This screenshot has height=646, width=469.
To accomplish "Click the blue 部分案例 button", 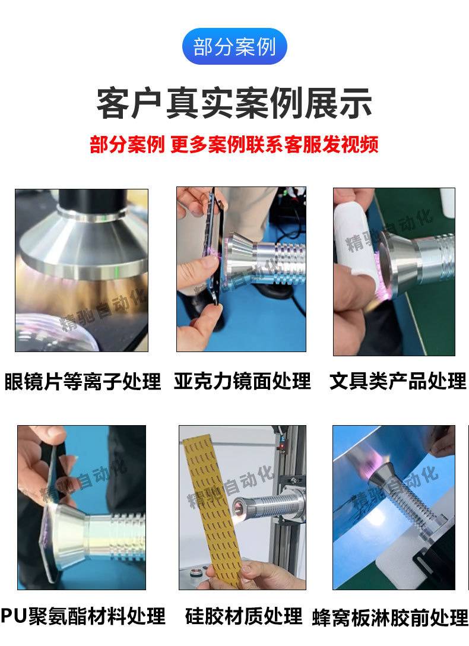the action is (x=235, y=46).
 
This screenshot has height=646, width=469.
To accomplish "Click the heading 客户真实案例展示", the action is (x=235, y=103).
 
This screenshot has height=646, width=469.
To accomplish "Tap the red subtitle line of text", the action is (x=235, y=144).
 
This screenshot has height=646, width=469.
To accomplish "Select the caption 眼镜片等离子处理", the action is (x=83, y=381).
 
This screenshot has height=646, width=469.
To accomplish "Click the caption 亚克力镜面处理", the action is (x=242, y=381).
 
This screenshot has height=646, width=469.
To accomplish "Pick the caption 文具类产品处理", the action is (x=398, y=381).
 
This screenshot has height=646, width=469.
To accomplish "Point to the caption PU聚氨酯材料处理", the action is (x=83, y=616).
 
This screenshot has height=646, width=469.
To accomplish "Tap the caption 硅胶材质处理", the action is (x=244, y=616).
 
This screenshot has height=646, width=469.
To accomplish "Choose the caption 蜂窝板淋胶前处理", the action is (x=390, y=617).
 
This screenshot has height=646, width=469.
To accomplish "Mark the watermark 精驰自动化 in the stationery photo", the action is (x=389, y=229).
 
